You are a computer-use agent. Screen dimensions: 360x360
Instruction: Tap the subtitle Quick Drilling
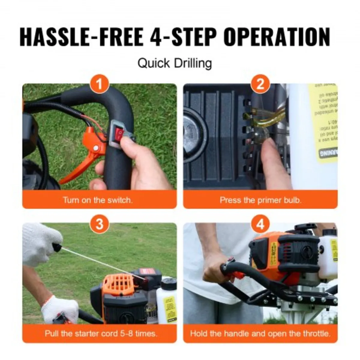175,64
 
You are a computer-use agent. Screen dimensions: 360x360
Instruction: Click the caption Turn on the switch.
98,200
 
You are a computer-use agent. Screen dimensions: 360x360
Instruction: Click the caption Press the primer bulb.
260,200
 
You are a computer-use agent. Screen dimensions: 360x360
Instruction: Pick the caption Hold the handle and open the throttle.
260,333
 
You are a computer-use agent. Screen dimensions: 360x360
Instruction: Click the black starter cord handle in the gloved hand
57,247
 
